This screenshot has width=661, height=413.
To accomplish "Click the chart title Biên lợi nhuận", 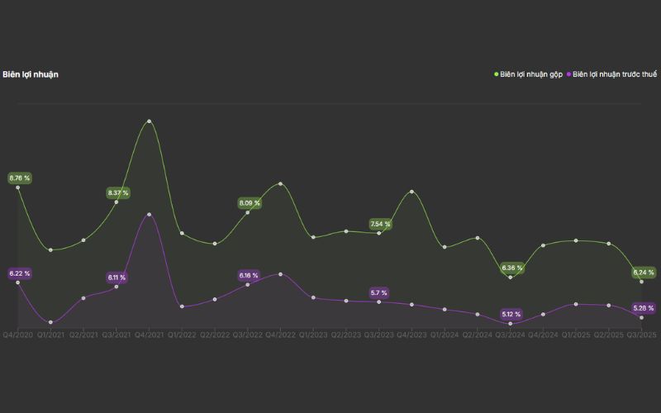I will (31, 74).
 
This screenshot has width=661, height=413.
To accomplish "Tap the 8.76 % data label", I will (19, 178).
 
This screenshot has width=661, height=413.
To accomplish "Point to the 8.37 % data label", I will (118, 192).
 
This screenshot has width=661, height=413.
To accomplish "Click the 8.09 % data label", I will (250, 202).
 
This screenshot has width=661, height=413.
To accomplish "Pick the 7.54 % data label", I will (380, 224).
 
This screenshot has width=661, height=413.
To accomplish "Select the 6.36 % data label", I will (512, 268).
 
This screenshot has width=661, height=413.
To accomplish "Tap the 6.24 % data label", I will (644, 272).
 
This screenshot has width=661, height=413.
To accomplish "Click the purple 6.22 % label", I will (19, 273).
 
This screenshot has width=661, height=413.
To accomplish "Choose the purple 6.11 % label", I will (117, 278).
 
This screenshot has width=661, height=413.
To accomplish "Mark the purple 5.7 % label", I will (379, 292).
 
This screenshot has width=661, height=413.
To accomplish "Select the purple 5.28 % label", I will (644, 308).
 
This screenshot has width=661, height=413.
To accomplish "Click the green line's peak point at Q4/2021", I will (149, 121).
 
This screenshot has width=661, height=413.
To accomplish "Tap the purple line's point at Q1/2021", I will (50, 322).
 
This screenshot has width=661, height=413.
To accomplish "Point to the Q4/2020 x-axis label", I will (17, 335).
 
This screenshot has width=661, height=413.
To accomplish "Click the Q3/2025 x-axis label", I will (641, 335).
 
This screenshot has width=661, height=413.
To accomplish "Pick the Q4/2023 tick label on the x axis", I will (411, 335).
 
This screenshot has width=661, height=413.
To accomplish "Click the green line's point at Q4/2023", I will (411, 192).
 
